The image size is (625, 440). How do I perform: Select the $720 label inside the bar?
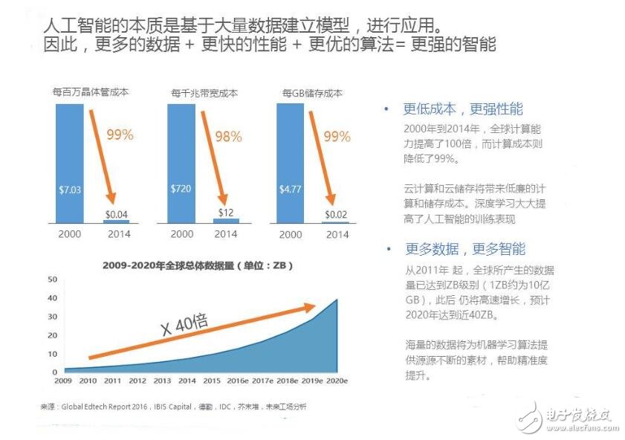[x=181, y=190]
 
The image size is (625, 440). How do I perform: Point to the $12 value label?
[x=227, y=213]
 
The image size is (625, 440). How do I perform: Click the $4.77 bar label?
[x=291, y=190]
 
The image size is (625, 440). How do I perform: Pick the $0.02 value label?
[x=337, y=215]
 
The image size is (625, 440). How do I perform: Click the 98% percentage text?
[x=228, y=137]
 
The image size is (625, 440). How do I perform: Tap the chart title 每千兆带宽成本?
[x=204, y=94]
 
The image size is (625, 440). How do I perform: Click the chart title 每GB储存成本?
[x=312, y=94]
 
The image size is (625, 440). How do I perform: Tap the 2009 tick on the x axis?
[x=63, y=381]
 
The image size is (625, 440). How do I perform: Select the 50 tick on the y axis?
[x=52, y=279]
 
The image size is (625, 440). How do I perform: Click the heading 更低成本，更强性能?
[x=462, y=109]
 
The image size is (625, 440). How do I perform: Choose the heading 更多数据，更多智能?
[x=464, y=249]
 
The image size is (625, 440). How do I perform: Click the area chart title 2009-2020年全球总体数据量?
[x=195, y=265]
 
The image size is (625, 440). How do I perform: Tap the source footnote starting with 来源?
[x=172, y=407]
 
